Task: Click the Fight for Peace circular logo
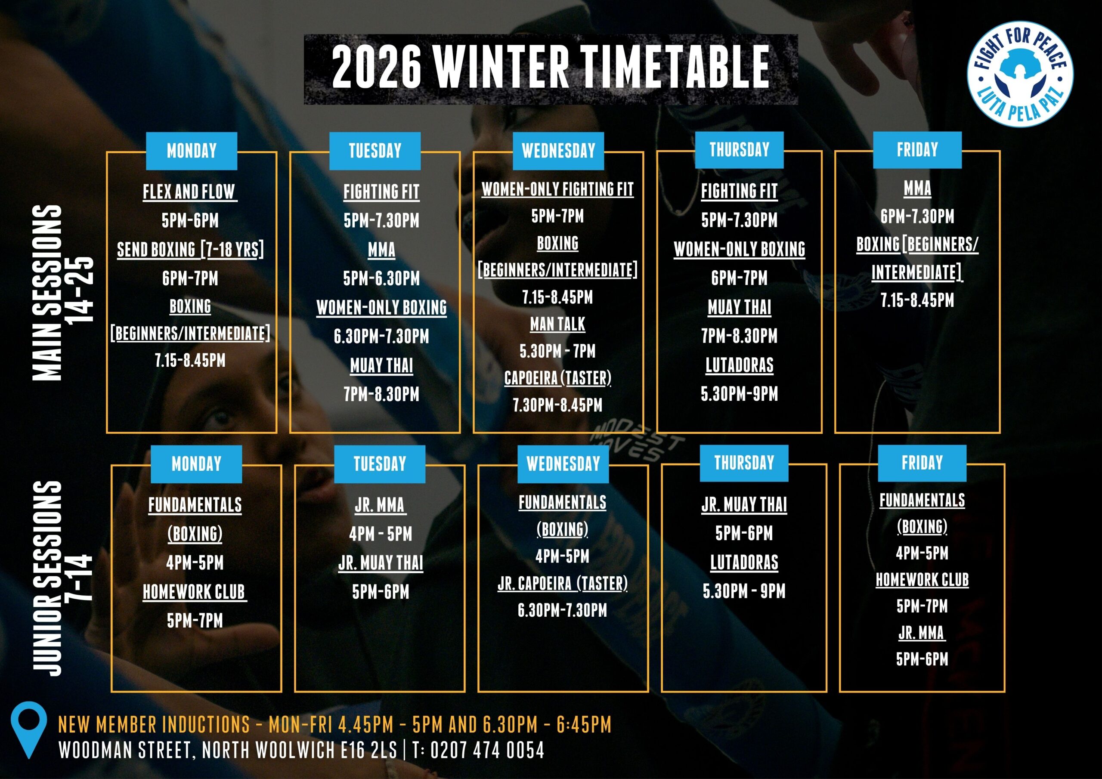[x=1020, y=74]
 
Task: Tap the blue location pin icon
[x=29, y=730]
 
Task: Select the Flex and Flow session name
[x=189, y=192]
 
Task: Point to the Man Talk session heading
[x=557, y=324]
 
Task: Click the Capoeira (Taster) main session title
[x=557, y=378]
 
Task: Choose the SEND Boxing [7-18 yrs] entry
[x=190, y=249]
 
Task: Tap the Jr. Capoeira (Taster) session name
[x=562, y=583]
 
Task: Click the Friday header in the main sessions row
[x=917, y=150]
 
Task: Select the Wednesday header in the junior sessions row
[x=563, y=464]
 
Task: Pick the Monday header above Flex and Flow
[x=192, y=151]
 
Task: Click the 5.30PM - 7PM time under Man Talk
[x=557, y=351]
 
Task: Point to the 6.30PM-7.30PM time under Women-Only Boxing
[x=381, y=336]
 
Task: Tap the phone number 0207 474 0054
[x=487, y=750]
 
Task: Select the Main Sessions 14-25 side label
[x=62, y=293]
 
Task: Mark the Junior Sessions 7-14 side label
[x=62, y=578]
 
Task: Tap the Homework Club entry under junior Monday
[x=195, y=592]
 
